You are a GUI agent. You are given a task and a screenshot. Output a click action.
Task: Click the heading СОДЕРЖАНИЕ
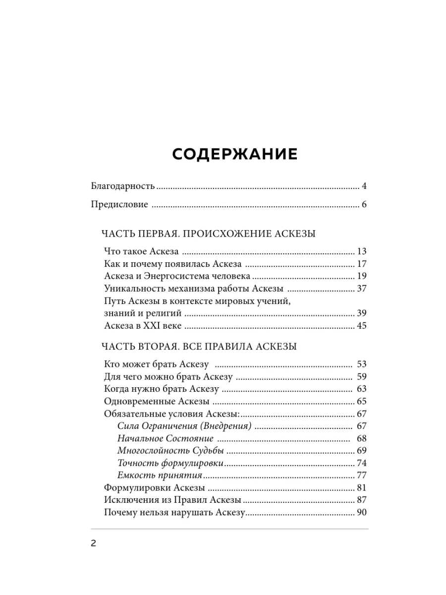pos(235,154)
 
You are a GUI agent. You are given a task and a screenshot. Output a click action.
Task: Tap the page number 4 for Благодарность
pos(364,186)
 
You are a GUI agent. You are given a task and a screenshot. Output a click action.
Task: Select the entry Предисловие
pos(119,205)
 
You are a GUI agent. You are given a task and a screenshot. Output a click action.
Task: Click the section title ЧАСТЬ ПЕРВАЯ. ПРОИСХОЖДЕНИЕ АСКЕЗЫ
pos(208,234)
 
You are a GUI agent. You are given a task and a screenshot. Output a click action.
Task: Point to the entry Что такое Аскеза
pos(142,251)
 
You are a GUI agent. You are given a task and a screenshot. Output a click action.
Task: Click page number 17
pos(361,264)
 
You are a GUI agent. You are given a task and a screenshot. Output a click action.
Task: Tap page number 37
pos(361,289)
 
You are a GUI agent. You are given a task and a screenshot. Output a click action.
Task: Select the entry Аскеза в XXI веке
pos(143,326)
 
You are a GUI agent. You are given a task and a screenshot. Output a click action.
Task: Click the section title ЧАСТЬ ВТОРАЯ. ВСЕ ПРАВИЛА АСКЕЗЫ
pos(199,347)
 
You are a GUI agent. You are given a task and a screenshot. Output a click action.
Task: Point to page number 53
pos(361,364)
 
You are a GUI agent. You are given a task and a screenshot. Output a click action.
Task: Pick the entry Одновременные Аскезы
pos(157,401)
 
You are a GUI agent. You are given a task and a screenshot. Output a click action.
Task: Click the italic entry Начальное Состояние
pos(166,438)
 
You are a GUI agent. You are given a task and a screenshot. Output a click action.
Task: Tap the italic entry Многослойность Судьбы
pos(170,451)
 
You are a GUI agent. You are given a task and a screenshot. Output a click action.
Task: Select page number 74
pos(361,463)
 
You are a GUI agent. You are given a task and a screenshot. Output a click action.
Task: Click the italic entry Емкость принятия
pos(160,476)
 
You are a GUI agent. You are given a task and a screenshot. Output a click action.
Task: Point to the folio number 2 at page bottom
pos(93,543)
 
